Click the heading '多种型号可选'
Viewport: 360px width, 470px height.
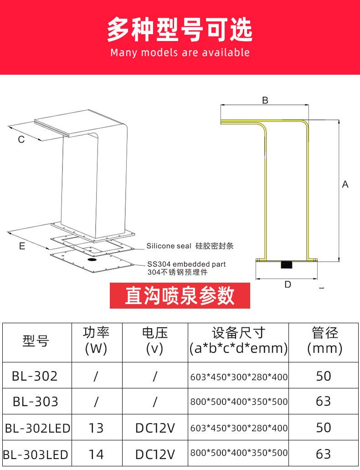tap(180, 30)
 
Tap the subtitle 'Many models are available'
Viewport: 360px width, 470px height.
tap(180, 52)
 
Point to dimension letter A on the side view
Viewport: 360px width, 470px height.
tap(345, 184)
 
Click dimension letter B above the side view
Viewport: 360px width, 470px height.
tap(265, 100)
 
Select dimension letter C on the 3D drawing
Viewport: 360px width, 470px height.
tap(21, 139)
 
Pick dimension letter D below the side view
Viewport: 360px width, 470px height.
tap(288, 284)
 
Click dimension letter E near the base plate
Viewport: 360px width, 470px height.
tap(22, 247)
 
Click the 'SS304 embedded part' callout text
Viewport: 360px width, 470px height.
tap(186, 264)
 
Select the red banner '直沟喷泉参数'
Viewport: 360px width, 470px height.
tap(180, 295)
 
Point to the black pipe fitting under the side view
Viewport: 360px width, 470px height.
tap(287, 264)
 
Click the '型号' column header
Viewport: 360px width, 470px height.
tap(36, 341)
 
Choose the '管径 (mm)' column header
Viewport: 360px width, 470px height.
tap(324, 341)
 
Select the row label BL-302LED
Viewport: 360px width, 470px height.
tap(37, 428)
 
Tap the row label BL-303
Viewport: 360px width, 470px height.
tap(36, 402)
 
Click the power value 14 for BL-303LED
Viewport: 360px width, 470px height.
tap(96, 455)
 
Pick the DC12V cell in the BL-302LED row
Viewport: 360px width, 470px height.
tap(155, 428)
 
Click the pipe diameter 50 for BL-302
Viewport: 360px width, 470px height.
tap(324, 376)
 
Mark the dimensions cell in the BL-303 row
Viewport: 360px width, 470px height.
tap(238, 402)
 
